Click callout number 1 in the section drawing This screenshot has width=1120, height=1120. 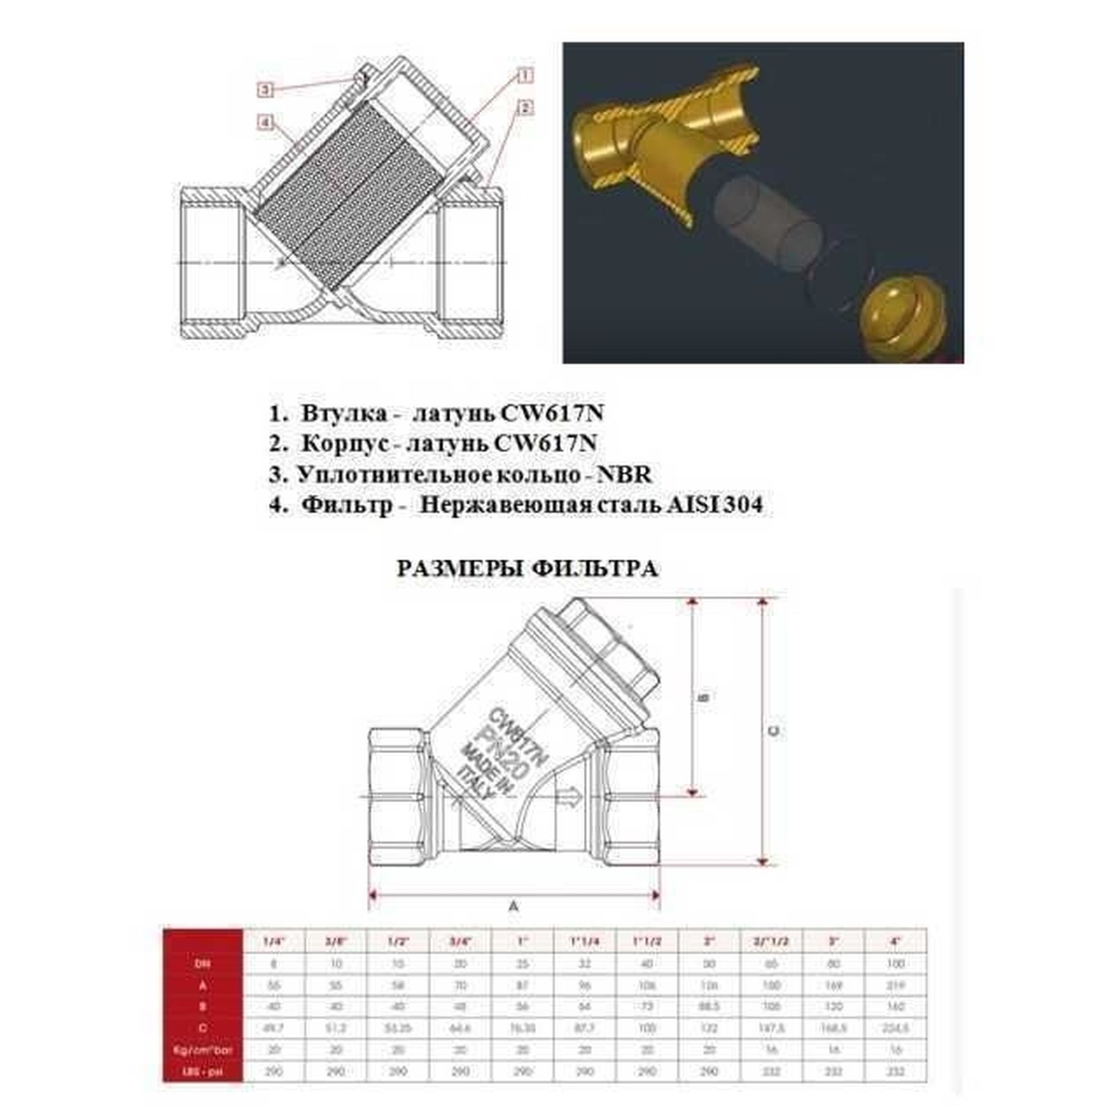[525, 76]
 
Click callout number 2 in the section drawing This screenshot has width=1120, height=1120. [525, 108]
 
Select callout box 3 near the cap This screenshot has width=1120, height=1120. [265, 90]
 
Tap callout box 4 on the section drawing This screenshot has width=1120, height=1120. [265, 123]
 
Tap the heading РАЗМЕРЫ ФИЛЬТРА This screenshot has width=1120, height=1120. [527, 569]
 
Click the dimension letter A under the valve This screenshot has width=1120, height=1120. [514, 907]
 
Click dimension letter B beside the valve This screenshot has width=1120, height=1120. [704, 697]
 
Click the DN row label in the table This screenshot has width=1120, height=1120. [203, 964]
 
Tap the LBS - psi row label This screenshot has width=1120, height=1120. [203, 1072]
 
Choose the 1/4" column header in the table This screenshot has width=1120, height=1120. [274, 941]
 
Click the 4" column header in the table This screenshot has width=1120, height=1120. [895, 941]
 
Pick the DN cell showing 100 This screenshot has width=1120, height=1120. [895, 964]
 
